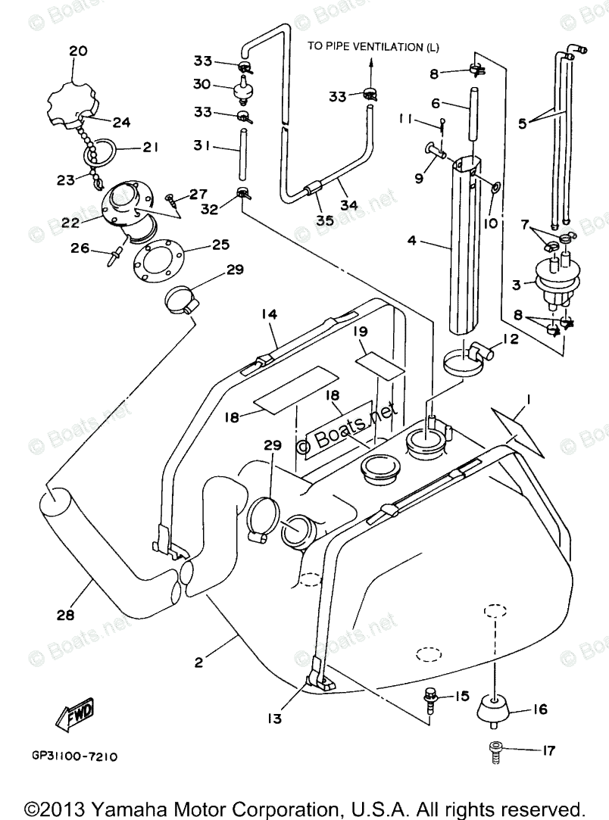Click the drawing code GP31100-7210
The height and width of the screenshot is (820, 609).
[x=74, y=756]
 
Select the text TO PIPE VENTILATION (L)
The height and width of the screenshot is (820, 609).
[x=373, y=47]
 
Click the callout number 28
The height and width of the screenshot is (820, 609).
[x=66, y=615]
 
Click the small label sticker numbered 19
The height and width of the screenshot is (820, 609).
[x=378, y=360]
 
